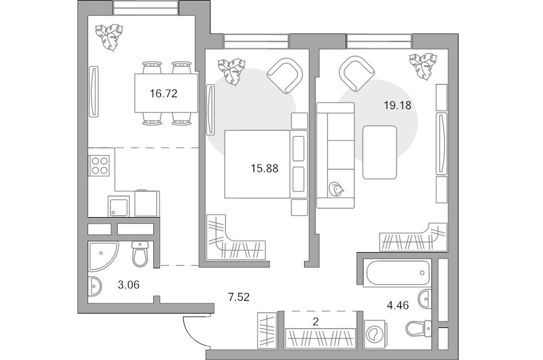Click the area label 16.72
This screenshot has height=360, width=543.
pos(164,93)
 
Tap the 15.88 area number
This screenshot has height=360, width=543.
pos(265,169)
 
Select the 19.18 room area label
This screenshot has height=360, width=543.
pos(398,106)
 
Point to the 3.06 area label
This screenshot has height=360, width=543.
pos(129,285)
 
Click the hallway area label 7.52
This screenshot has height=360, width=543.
pos(239,297)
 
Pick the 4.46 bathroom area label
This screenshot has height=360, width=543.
pos(398,305)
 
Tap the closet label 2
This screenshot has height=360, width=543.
pos(316,322)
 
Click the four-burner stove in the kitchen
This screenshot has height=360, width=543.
pos(100,165)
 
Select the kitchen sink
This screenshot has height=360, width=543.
pos(118,206)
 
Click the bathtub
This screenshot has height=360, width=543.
pos(398,273)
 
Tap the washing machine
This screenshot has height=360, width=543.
pos(375,335)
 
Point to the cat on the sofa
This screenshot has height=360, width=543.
pos(336,189)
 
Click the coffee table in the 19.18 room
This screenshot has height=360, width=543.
pos(379,153)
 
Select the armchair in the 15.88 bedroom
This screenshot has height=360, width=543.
pos(285,76)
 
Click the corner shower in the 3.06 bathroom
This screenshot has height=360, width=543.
pos(102,256)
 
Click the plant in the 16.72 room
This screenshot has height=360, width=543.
pos(109,37)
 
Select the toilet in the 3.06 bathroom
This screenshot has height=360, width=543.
pos(140,254)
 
